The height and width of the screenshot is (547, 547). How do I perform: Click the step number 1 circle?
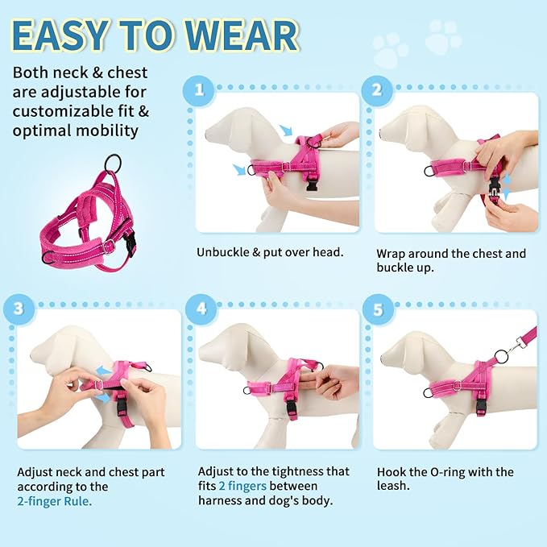click(198, 89)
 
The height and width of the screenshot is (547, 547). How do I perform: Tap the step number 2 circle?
click(376, 89)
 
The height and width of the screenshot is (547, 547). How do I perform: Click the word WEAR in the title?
click(238, 35)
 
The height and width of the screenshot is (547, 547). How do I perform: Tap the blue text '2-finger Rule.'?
click(55, 501)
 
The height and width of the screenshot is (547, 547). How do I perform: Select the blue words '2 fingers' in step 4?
click(242, 487)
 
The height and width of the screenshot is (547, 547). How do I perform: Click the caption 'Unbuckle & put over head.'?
click(270, 252)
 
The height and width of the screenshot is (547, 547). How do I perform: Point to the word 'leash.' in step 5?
click(394, 487)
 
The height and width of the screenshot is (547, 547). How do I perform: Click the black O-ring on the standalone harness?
click(115, 161)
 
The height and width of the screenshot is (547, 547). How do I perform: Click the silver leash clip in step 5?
click(503, 352)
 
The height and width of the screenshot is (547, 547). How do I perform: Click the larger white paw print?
click(444, 36)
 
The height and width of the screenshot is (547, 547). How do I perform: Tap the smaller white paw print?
click(391, 51)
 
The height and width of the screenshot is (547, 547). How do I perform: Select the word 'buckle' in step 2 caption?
click(394, 268)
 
